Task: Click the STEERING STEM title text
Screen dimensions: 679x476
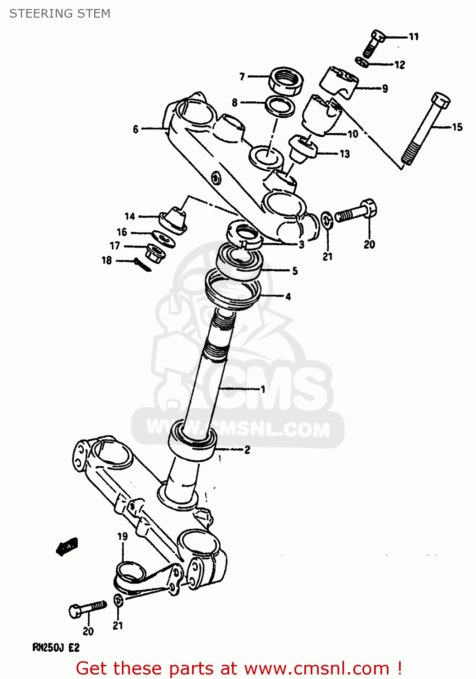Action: tap(60, 14)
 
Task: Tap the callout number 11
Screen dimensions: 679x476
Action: tap(413, 37)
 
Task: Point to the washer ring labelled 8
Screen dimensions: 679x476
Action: tap(280, 107)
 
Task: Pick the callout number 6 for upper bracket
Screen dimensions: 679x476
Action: tap(135, 129)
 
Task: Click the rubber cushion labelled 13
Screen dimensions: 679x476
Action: tap(302, 148)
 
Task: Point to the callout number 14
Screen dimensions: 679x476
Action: tap(130, 216)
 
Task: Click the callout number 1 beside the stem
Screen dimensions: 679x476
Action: tap(262, 389)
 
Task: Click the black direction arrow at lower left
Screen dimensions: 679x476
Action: tap(67, 546)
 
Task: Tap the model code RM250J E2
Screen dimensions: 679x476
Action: tap(56, 648)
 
